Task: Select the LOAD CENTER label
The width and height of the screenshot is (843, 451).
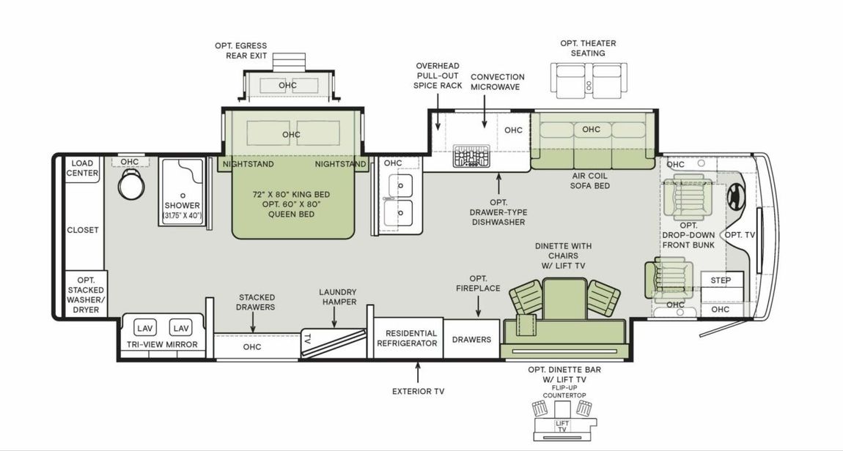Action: (82, 168)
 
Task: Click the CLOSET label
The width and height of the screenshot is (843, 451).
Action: (83, 230)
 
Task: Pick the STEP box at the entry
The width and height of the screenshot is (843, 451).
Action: (721, 280)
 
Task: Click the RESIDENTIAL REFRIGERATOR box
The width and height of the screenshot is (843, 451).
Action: (411, 338)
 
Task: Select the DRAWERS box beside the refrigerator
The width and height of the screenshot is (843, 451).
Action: (471, 339)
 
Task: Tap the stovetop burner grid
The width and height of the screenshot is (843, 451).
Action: (466, 156)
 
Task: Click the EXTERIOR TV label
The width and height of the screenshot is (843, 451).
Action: (418, 391)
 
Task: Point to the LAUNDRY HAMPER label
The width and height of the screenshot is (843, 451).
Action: (338, 297)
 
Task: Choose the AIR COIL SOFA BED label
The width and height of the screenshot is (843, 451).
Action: (590, 181)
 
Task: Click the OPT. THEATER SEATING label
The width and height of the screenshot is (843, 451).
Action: (588, 48)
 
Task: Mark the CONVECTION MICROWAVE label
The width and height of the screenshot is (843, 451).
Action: (497, 81)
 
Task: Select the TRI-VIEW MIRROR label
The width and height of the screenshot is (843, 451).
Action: (162, 345)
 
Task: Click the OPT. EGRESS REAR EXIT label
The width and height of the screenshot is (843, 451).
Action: (240, 51)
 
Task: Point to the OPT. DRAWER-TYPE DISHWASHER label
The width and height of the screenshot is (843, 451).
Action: (498, 212)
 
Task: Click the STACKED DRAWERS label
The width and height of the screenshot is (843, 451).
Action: (257, 302)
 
